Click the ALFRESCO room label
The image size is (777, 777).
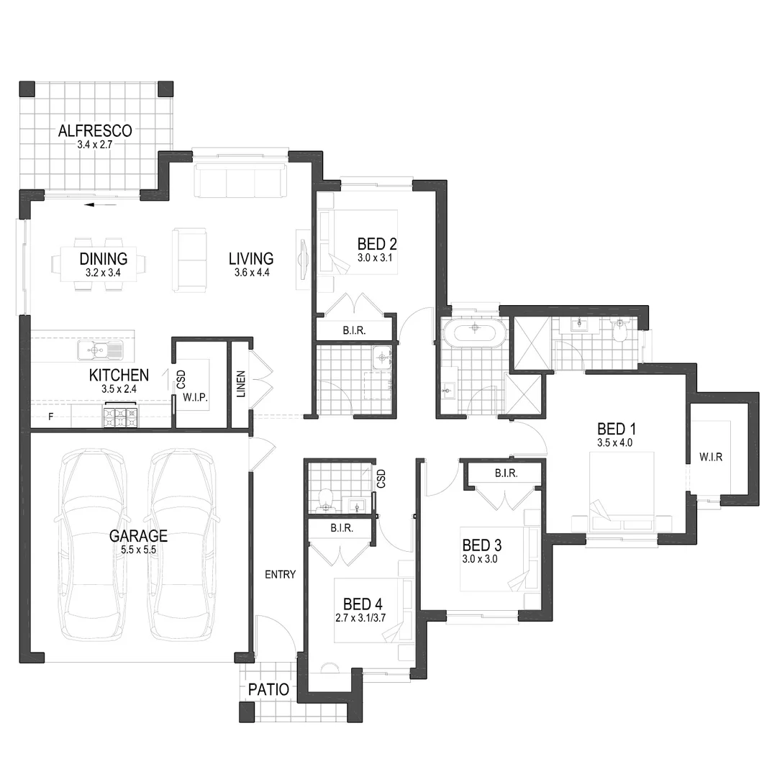click(x=95, y=131)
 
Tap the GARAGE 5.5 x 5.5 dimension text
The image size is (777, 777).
click(x=138, y=549)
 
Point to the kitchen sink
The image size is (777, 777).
click(x=101, y=350)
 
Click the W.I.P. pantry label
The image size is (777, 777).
click(x=195, y=396)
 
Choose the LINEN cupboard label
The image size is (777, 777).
click(x=240, y=383)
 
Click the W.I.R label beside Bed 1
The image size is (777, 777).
click(x=711, y=457)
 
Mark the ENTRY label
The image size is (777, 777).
click(x=280, y=574)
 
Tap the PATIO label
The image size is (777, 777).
click(x=268, y=690)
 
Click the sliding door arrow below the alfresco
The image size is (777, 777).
click(x=100, y=205)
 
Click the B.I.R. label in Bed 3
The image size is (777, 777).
click(x=507, y=473)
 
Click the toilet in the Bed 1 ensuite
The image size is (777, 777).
click(x=620, y=332)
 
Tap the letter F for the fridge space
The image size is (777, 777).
click(x=50, y=417)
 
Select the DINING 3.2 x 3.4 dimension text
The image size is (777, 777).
click(x=103, y=273)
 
